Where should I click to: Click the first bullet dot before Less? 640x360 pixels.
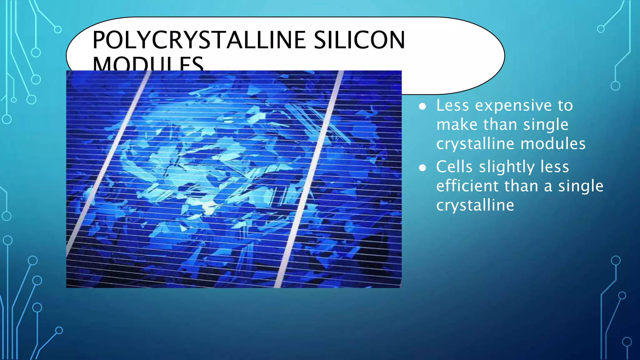[422, 107]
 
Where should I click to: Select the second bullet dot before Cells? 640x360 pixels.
[422, 168]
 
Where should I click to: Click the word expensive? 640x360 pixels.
[513, 106]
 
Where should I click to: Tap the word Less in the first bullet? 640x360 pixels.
[452, 105]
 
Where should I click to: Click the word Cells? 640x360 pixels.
[454, 167]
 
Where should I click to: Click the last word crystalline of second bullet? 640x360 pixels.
[475, 205]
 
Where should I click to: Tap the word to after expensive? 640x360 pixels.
[565, 106]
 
